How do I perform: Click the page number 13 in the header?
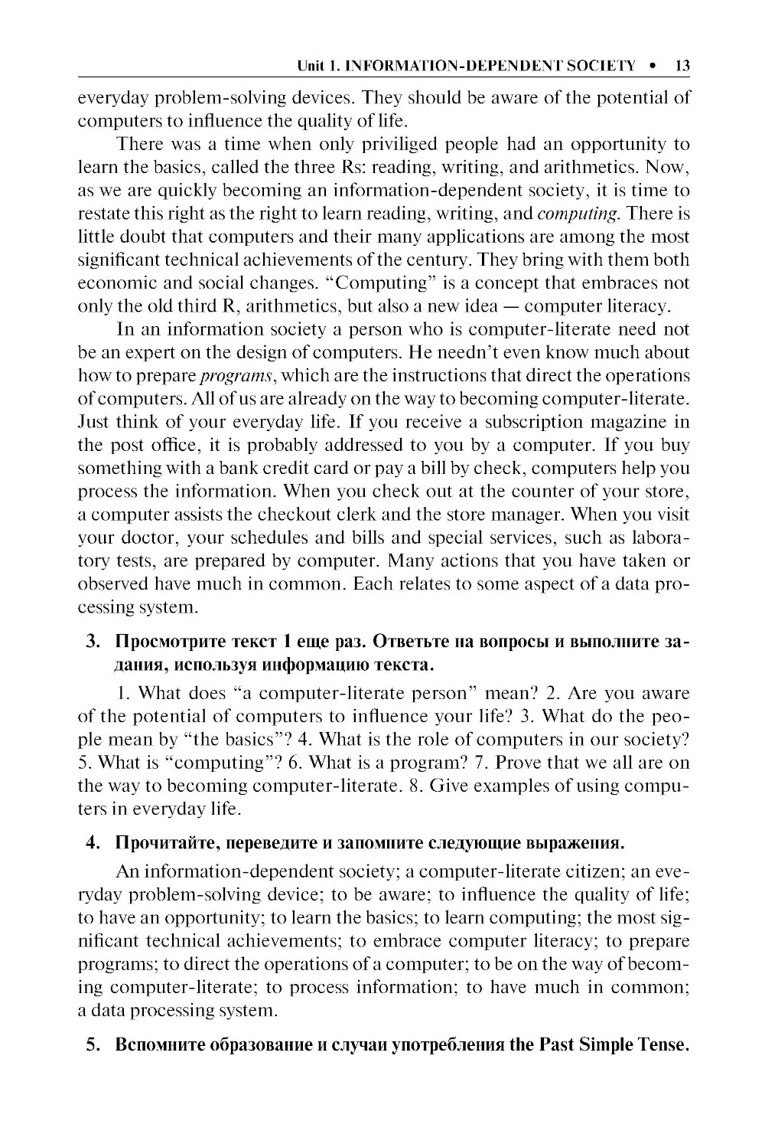tap(682, 67)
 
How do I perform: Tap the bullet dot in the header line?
tap(653, 67)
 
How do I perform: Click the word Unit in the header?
tap(311, 67)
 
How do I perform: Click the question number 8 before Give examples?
tap(410, 786)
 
